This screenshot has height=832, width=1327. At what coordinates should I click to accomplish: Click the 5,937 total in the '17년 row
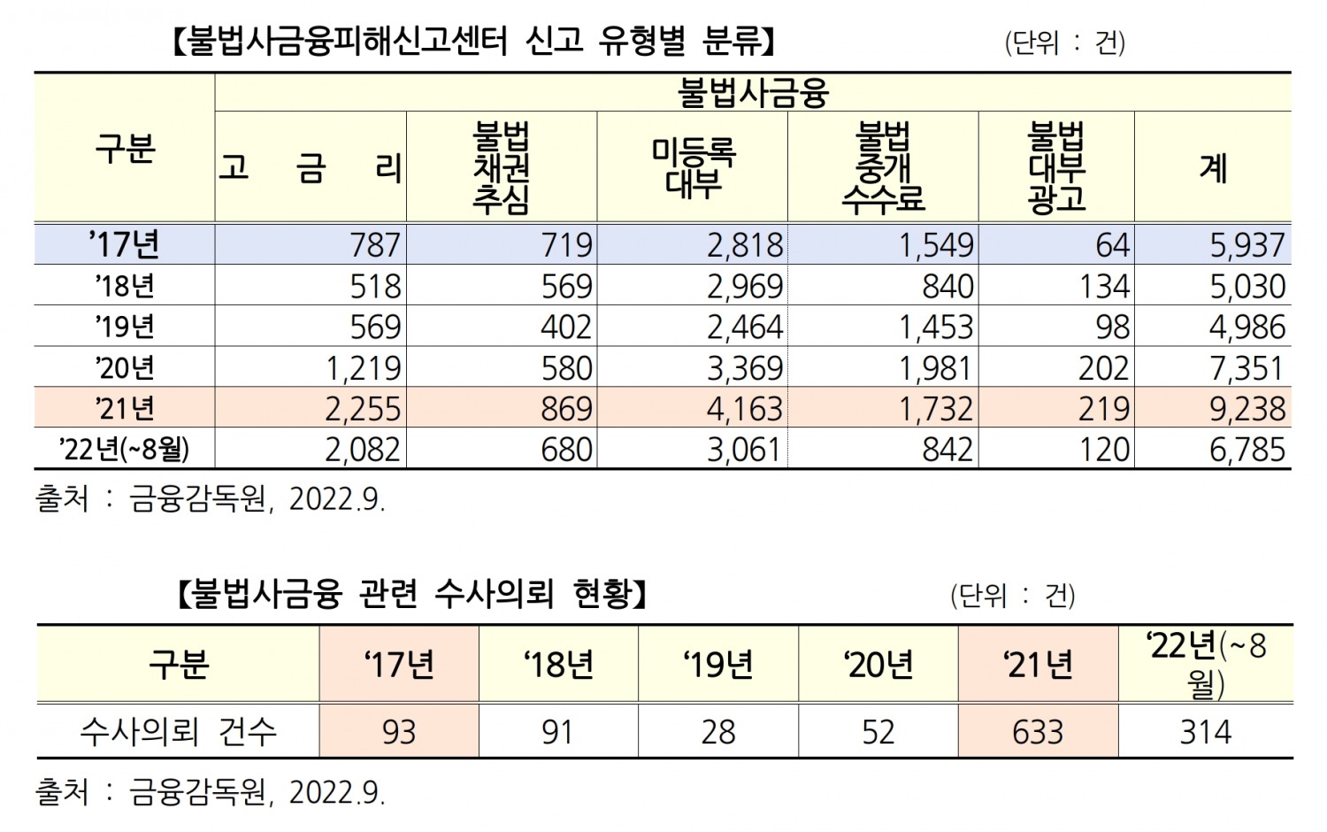tap(1247, 245)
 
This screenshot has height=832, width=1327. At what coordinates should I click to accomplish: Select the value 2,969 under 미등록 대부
tap(745, 286)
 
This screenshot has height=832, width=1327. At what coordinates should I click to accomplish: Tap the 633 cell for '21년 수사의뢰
tap(1038, 732)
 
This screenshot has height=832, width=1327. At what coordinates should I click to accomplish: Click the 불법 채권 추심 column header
tap(501, 168)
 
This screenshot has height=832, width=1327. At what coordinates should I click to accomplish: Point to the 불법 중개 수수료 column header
tap(882, 168)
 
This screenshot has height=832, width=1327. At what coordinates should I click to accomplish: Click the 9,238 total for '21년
tap(1247, 409)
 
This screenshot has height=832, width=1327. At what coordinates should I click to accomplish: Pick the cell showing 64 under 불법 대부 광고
tap(1112, 245)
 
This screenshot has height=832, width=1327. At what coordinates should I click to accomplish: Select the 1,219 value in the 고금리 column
tap(363, 368)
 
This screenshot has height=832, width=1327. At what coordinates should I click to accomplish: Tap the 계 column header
tap(1213, 167)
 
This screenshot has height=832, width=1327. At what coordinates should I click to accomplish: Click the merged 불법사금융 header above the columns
tap(752, 92)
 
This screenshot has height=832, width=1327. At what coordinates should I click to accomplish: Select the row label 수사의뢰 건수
tap(178, 732)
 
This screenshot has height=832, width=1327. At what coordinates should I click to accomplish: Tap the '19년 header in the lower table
tap(718, 664)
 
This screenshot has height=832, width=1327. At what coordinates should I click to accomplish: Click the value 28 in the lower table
tap(718, 732)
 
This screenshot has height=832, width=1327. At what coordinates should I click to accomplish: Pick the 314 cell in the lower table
tap(1205, 732)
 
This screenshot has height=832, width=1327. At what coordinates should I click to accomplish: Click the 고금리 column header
tap(310, 167)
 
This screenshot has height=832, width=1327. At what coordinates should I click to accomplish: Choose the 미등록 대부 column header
tap(693, 168)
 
